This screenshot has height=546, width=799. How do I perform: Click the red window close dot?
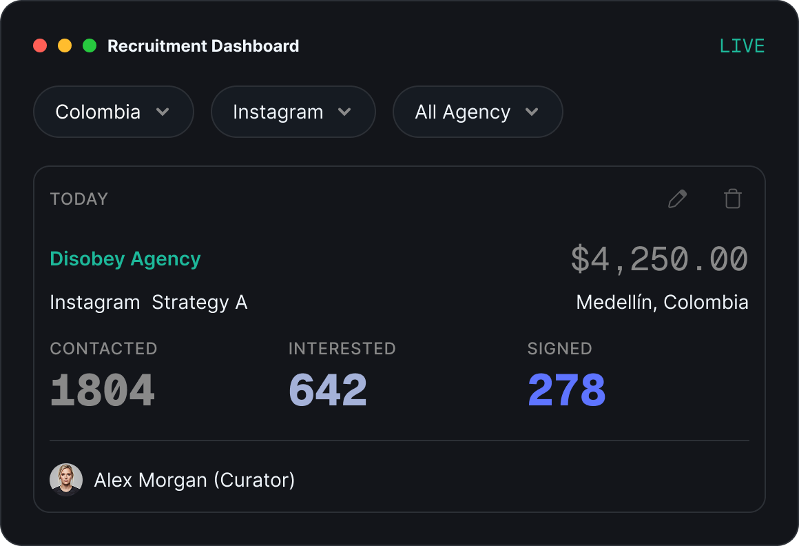(x=40, y=46)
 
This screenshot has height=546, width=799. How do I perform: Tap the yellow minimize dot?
(x=65, y=46)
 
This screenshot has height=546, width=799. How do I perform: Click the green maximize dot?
(x=90, y=46)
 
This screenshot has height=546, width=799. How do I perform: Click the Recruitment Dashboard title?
(x=203, y=46)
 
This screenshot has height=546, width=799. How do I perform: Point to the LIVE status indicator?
(x=742, y=46)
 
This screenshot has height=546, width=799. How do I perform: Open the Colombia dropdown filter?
(x=114, y=112)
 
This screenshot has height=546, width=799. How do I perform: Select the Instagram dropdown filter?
(x=293, y=112)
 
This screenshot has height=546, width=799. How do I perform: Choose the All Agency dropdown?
(x=477, y=112)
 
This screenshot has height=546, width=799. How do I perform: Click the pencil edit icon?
(x=677, y=199)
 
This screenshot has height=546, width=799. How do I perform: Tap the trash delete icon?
(x=733, y=199)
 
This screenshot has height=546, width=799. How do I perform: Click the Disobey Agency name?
(x=125, y=259)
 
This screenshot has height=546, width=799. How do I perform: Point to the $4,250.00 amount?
(x=659, y=259)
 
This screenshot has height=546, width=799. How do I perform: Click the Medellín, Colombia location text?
(x=663, y=303)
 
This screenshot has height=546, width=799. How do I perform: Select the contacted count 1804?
(x=103, y=390)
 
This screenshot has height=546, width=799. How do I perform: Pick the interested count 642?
(x=328, y=390)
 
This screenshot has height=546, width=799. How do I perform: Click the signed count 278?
(x=567, y=390)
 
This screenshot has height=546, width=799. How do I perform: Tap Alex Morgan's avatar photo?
(x=66, y=480)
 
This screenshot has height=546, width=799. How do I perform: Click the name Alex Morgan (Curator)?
(x=195, y=481)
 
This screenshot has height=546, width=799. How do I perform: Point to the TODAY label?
(x=79, y=199)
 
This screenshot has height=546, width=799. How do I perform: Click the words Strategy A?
(x=200, y=303)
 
